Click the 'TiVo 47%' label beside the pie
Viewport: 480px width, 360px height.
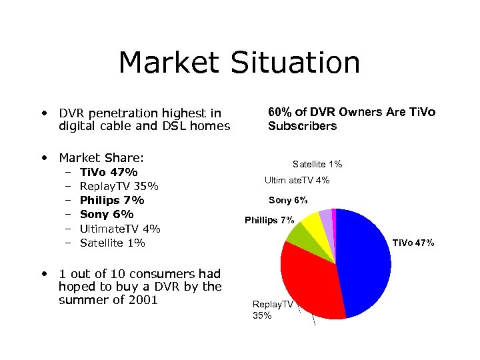tap(413, 243)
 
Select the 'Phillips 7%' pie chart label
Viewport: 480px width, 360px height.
tap(269, 220)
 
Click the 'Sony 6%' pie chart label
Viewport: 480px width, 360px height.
tap(288, 200)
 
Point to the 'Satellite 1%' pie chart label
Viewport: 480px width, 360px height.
tap(317, 164)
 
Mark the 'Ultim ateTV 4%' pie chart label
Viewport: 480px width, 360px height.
tap(297, 180)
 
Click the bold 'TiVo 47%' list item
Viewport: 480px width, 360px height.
tap(109, 172)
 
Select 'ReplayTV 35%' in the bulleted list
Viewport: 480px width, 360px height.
tap(119, 186)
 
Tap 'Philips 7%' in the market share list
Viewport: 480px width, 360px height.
tap(112, 200)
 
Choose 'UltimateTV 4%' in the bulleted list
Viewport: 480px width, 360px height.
tap(120, 229)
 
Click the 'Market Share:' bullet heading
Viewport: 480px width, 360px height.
tap(101, 157)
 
